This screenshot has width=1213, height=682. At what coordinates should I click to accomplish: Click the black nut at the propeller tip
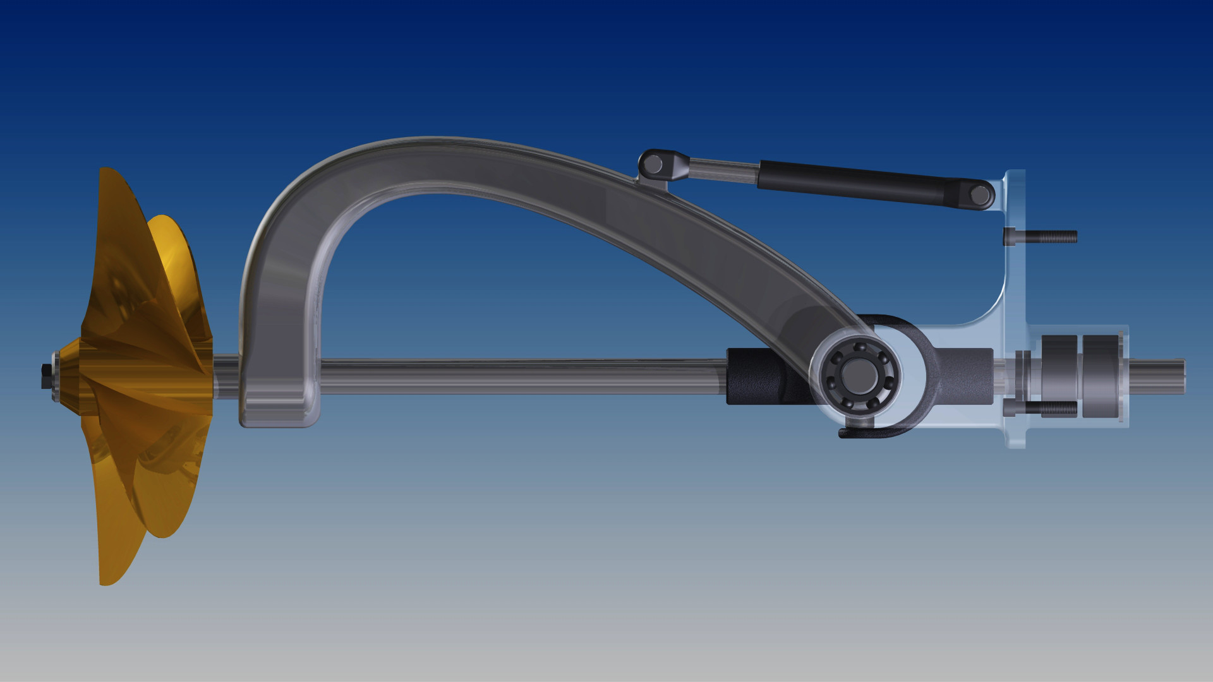[45, 376]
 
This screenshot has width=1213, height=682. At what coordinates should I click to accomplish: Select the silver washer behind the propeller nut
[57, 377]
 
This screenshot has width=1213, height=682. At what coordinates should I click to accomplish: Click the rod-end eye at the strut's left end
[655, 165]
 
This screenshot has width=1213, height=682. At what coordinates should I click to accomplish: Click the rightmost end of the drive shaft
[1183, 377]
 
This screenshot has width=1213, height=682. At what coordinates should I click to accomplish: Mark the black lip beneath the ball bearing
[866, 432]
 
